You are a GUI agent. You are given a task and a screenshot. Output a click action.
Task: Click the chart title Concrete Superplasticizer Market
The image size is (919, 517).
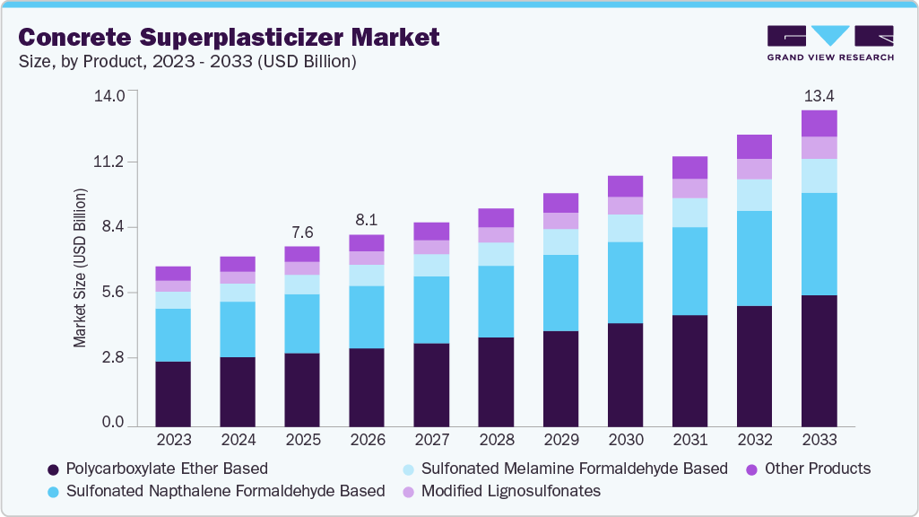click(x=229, y=38)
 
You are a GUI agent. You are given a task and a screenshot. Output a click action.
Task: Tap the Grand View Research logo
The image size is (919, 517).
click(x=829, y=43)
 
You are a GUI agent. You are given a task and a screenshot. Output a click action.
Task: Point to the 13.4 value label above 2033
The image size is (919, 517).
click(x=819, y=96)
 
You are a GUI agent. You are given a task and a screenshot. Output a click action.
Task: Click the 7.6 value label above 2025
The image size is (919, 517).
click(x=302, y=232)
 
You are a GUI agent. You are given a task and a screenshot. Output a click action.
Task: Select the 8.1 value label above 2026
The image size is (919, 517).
click(x=367, y=220)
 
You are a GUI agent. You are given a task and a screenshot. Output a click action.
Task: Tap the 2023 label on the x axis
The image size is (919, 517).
click(x=173, y=440)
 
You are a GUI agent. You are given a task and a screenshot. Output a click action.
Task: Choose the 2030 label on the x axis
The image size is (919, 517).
click(x=625, y=440)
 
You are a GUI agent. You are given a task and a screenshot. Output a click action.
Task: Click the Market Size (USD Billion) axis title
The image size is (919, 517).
click(x=81, y=267)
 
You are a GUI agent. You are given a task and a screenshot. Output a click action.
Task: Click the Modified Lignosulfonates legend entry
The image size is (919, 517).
click(x=502, y=491)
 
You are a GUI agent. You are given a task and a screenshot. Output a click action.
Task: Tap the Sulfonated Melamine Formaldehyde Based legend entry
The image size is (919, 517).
click(x=566, y=469)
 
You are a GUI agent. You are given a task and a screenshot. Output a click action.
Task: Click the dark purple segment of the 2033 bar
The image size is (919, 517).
click(x=819, y=359)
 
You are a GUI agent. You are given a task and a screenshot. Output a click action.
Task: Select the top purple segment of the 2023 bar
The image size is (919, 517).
click(x=173, y=273)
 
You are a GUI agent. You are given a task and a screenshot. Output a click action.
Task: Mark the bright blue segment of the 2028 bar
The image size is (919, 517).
click(x=496, y=302)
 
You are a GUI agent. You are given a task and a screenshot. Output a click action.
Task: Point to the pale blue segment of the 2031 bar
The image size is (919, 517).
click(x=689, y=213)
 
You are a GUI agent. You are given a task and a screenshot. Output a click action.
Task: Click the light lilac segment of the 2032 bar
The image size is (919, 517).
click(x=754, y=169)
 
